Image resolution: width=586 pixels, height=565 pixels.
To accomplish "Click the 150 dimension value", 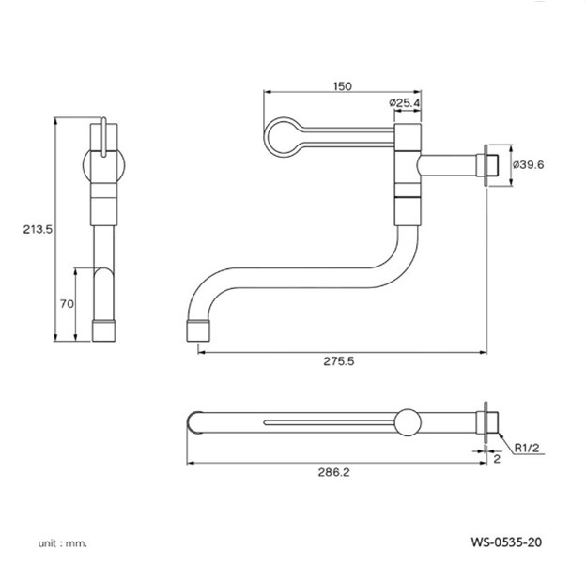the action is tap(343, 86).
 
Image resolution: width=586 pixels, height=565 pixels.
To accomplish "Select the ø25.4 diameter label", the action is tap(405, 102).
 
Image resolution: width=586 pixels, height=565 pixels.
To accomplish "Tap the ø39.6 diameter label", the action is tap(528, 164).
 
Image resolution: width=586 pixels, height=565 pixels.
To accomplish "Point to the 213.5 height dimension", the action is tap(38, 229).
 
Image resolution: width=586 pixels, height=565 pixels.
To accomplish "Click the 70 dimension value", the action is tap(67, 304).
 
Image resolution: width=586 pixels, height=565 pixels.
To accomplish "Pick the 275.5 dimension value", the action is tap(339, 361).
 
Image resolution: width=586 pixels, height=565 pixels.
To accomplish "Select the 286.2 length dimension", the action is tap(333, 472).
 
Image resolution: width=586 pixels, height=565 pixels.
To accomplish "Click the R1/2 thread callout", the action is tap(527, 448).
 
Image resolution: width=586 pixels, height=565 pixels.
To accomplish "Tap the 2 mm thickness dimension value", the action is tap(497, 459).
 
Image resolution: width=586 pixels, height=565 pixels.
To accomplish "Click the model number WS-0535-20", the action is tap(506, 542).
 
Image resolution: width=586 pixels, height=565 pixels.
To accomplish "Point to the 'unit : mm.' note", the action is tap(62, 543).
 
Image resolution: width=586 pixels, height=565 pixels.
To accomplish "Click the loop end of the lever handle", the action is tap(265, 137).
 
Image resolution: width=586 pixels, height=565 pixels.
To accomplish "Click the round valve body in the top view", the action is tap(409, 422).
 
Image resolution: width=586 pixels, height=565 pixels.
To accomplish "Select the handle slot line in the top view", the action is tap(330, 422).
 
